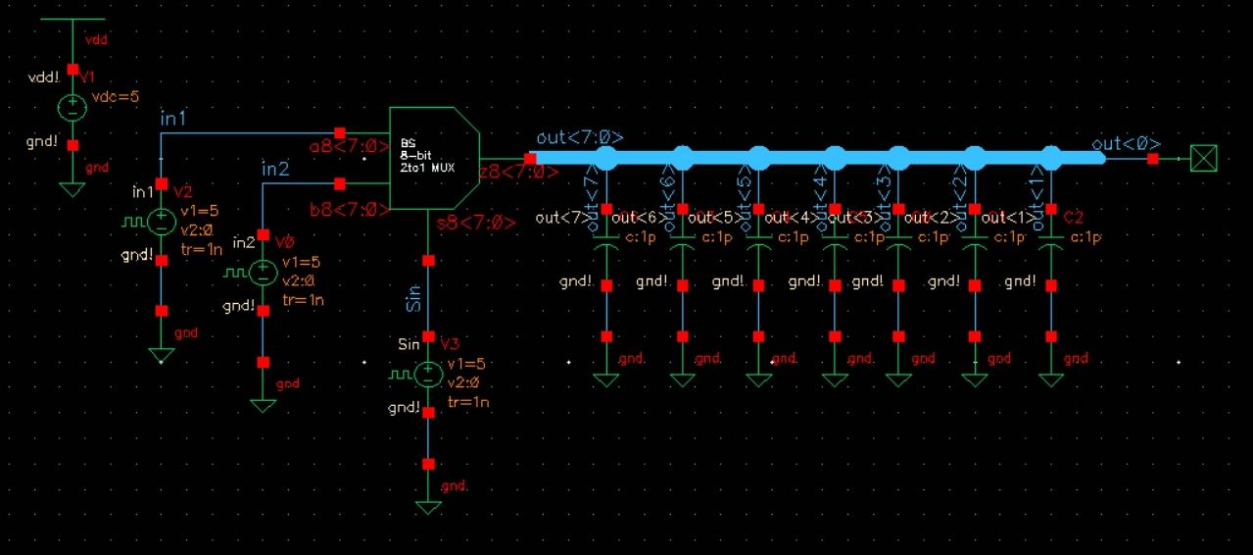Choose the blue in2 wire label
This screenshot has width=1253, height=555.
pyautogui.click(x=275, y=169)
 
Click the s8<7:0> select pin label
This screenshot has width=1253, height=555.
pyautogui.click(x=476, y=223)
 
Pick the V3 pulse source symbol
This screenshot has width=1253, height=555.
pyautogui.click(x=428, y=375)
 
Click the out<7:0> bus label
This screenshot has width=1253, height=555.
pyautogui.click(x=580, y=138)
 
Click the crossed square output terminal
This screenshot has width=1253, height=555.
pyautogui.click(x=1202, y=158)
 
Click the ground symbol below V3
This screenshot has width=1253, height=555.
pyautogui.click(x=428, y=507)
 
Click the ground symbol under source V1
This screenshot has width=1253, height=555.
pyautogui.click(x=72, y=188)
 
